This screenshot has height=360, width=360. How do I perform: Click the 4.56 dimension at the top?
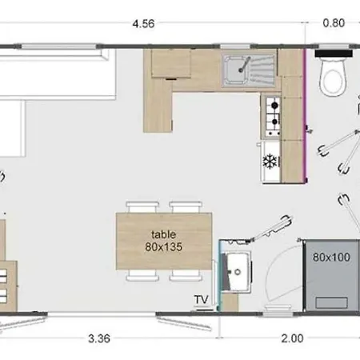143,23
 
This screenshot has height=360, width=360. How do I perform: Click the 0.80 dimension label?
334,23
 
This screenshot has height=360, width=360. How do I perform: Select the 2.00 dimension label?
293,338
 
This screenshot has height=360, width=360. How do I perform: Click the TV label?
201,300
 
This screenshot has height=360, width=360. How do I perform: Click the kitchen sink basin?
238,70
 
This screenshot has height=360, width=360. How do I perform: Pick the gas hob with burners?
272,114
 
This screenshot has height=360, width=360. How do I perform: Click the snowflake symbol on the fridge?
270,161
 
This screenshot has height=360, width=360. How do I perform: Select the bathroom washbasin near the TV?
237,271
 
